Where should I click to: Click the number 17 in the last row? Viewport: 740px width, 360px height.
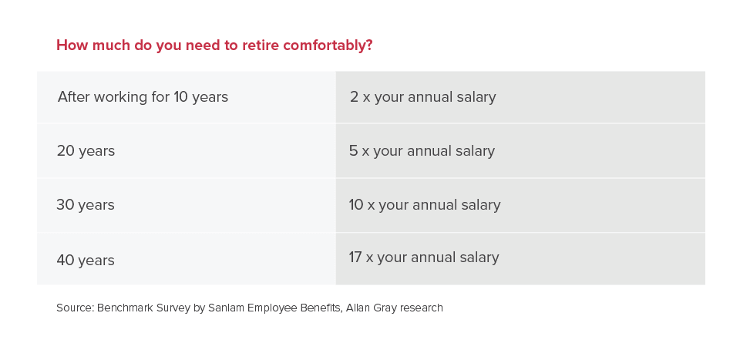coord(355,257)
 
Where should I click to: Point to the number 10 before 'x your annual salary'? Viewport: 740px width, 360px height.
coord(356,205)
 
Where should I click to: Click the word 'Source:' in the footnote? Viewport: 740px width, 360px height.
coord(75,308)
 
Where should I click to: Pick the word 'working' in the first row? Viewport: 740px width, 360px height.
coord(121,97)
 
